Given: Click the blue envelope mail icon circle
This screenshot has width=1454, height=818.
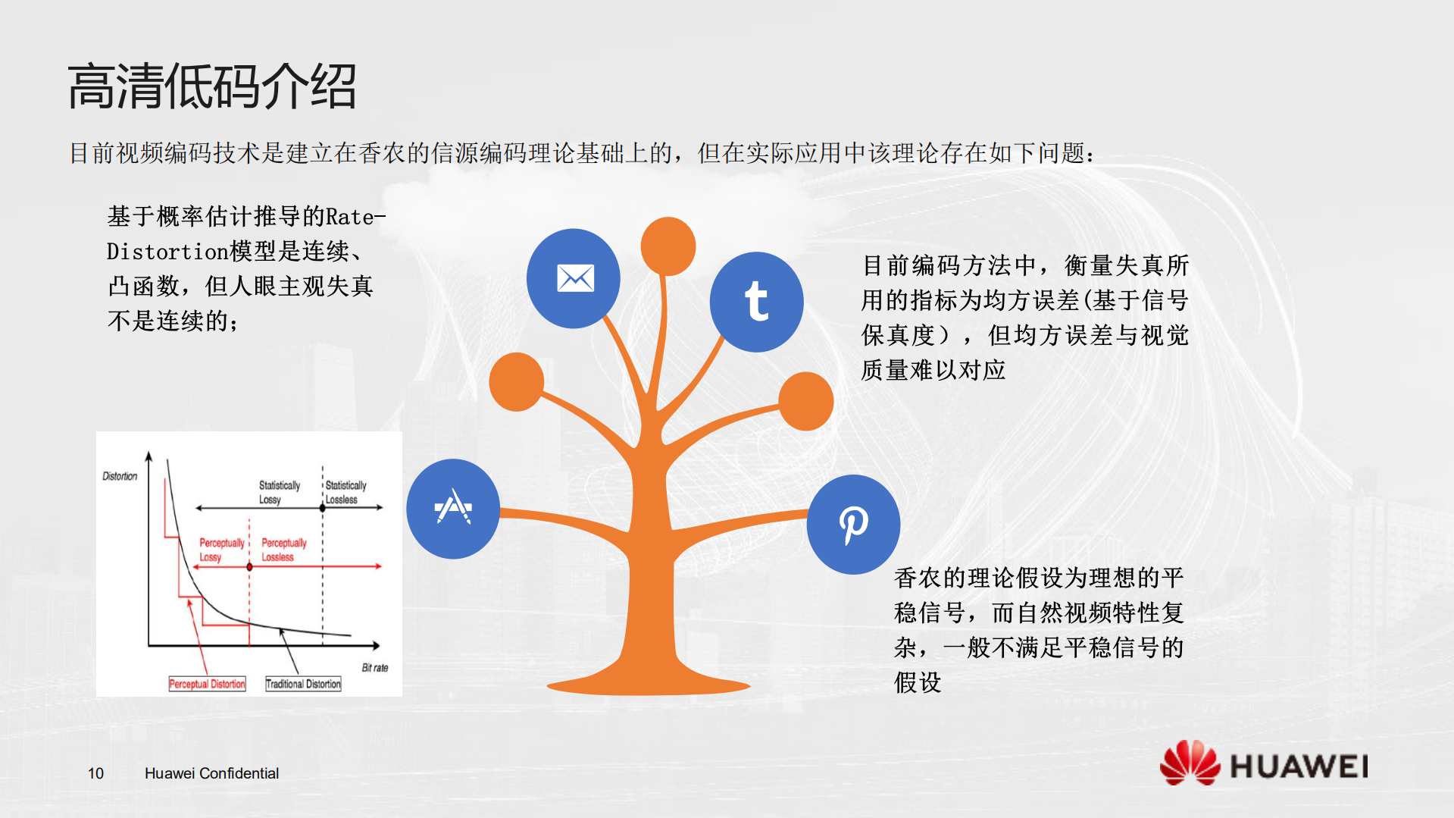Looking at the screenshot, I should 574,278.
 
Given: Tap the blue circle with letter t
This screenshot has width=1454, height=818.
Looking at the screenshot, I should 756,302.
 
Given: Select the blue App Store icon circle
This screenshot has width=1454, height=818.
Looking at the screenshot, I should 453,508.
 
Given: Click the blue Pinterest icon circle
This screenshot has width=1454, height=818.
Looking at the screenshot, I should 853,524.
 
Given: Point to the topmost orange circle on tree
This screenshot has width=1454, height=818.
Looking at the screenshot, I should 668,246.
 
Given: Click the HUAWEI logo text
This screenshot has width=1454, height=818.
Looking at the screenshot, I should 1299,766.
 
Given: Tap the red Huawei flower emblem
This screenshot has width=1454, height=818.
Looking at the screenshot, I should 1189,763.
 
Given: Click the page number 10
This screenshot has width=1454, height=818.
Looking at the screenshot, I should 95,773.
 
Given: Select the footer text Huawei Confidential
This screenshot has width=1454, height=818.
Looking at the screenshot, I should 211,773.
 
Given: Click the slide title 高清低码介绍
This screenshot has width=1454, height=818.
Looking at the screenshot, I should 212,86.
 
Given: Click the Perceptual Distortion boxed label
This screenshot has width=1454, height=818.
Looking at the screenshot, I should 207,684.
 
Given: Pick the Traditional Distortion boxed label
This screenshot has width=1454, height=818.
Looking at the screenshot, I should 303,684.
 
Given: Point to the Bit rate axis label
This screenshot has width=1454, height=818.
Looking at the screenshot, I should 374,668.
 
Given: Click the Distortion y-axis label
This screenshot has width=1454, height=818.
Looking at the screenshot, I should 120,476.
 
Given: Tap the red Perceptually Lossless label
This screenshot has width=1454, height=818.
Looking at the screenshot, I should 283,550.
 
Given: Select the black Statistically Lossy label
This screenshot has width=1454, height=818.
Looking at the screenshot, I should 279,492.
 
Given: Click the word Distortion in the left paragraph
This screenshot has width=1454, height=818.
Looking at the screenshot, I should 167,252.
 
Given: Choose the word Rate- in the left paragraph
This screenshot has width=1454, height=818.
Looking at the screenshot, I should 355,217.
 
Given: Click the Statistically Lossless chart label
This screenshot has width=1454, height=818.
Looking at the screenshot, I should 345,492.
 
